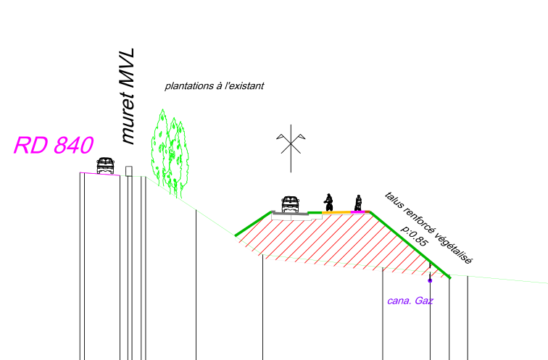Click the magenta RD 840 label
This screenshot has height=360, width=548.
(54, 146)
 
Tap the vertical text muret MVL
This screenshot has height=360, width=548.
(128, 96)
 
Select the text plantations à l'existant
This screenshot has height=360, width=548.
(215, 86)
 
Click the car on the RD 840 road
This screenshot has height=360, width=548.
(105, 165)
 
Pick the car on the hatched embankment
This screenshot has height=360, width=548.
(291, 204)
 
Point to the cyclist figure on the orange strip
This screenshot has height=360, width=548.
(328, 203)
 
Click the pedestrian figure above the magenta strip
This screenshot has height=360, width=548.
(358, 203)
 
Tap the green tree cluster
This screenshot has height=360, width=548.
(170, 154)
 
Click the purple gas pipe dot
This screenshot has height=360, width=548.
(430, 280)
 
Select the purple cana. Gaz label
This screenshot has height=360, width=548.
(410, 301)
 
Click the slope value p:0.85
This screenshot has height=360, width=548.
(415, 235)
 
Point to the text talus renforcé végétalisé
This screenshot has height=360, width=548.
(428, 227)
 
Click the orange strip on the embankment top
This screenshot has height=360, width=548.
(336, 212)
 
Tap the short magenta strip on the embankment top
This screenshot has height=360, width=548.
(358, 212)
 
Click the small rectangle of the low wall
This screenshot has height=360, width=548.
(129, 171)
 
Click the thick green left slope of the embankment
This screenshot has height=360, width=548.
(254, 224)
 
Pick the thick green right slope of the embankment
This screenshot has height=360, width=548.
(410, 245)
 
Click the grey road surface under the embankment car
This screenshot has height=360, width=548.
(290, 213)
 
